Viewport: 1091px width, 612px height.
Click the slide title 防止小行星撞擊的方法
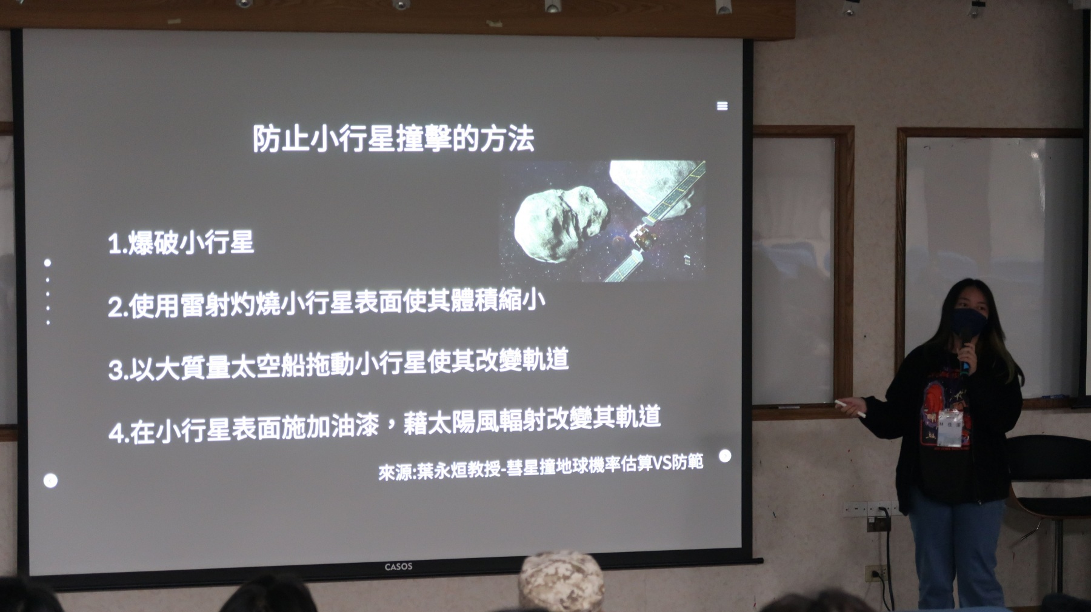[x=393, y=139]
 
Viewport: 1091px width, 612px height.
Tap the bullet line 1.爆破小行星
[x=181, y=243]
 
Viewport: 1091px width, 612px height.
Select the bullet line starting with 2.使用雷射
[x=326, y=303]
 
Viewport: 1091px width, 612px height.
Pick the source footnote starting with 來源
[x=541, y=467]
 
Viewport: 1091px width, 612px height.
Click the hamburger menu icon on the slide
[x=722, y=106]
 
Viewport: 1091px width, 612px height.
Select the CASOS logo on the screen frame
[x=398, y=567]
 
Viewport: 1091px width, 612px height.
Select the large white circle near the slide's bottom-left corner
[x=51, y=481]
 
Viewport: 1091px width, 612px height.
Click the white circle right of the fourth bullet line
[x=725, y=456]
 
